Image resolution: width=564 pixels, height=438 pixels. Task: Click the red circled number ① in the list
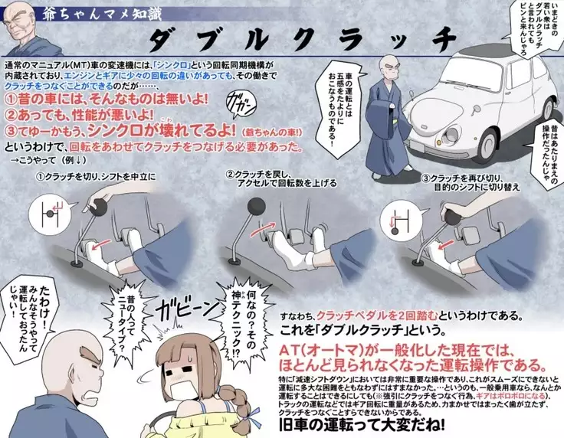click(x=11, y=102)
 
